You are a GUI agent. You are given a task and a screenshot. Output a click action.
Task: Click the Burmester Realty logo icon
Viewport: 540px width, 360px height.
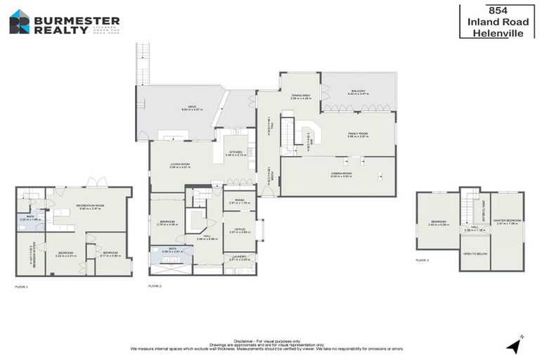tap(19, 22)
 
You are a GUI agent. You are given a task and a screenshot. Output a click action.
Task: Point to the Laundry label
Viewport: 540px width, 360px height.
tap(238, 257)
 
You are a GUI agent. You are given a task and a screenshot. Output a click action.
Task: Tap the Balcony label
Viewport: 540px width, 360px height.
tap(359, 92)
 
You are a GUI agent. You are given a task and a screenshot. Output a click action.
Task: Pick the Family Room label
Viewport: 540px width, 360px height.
tap(358, 134)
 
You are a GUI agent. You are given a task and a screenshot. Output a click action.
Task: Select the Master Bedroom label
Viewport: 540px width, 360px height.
tap(506, 223)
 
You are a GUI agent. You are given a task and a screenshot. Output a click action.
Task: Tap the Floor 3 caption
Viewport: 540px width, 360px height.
tap(422, 260)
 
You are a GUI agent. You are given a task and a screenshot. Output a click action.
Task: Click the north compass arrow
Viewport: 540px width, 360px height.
tap(515, 345)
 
